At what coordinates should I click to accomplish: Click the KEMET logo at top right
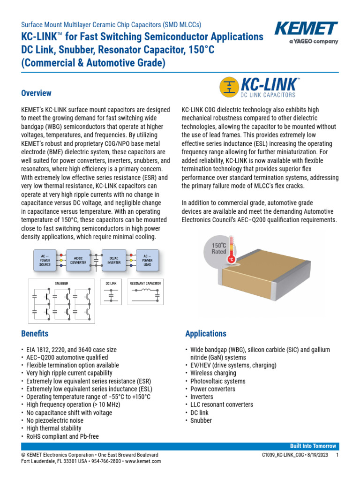pyautogui.click(x=306, y=29)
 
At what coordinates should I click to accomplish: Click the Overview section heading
pyautogui.click(x=36, y=93)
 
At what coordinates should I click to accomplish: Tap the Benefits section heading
pyautogui.click(x=34, y=334)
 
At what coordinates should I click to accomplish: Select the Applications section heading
pyautogui.click(x=206, y=334)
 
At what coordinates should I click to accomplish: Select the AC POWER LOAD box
pyautogui.click(x=147, y=260)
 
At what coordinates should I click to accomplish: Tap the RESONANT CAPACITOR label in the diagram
pyautogui.click(x=145, y=283)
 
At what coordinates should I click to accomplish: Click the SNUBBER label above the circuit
pyautogui.click(x=61, y=283)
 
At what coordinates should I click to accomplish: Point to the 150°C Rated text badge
pyautogui.click(x=218, y=248)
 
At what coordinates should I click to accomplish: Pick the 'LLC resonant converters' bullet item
pyautogui.click(x=222, y=405)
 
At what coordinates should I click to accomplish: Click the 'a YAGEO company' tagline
pyautogui.click(x=313, y=41)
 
